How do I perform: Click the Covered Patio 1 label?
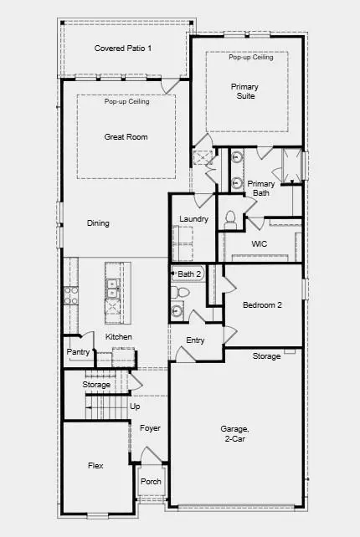point(123,48)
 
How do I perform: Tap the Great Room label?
point(126,136)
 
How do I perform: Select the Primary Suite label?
point(244,91)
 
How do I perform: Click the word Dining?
point(98,223)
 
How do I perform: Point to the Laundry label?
point(193,219)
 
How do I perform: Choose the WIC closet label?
point(259,244)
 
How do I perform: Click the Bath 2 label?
point(190,274)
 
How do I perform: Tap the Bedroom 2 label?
point(262,305)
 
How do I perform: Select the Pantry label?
point(78,352)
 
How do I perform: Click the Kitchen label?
point(119,337)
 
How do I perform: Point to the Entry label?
point(195,340)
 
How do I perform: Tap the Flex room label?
point(95,465)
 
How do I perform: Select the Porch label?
point(151,482)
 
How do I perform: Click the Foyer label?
point(150,428)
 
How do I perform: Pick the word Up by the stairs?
point(135,406)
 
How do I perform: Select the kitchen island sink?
point(111,288)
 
